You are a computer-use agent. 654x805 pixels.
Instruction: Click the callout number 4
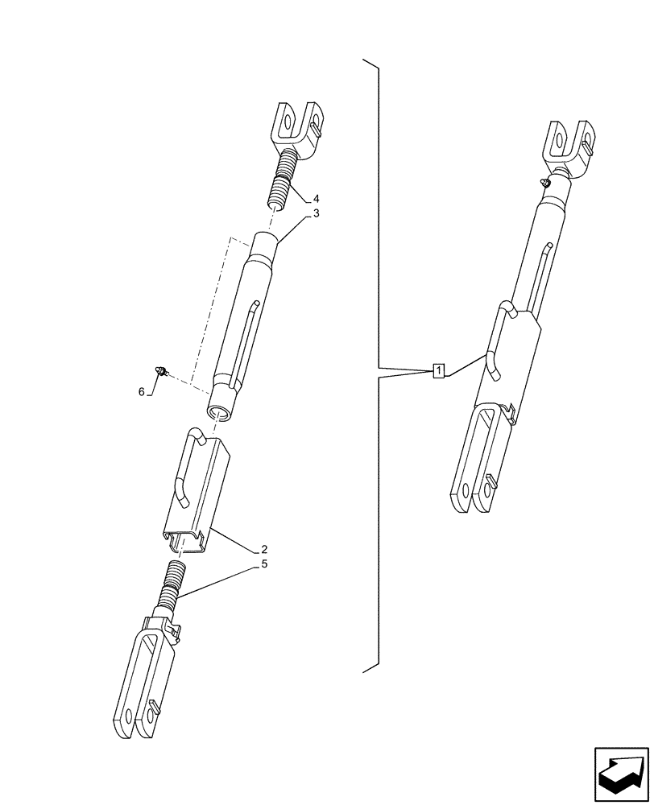tap(317, 198)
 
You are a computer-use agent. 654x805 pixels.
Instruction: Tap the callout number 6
tap(142, 391)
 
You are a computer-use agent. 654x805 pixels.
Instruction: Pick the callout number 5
tap(264, 564)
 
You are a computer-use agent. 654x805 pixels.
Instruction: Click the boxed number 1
tap(437, 371)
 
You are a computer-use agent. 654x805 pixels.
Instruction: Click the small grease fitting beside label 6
tap(162, 369)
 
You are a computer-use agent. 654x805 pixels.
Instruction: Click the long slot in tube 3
tap(246, 338)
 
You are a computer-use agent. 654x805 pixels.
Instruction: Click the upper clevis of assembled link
tap(572, 145)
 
